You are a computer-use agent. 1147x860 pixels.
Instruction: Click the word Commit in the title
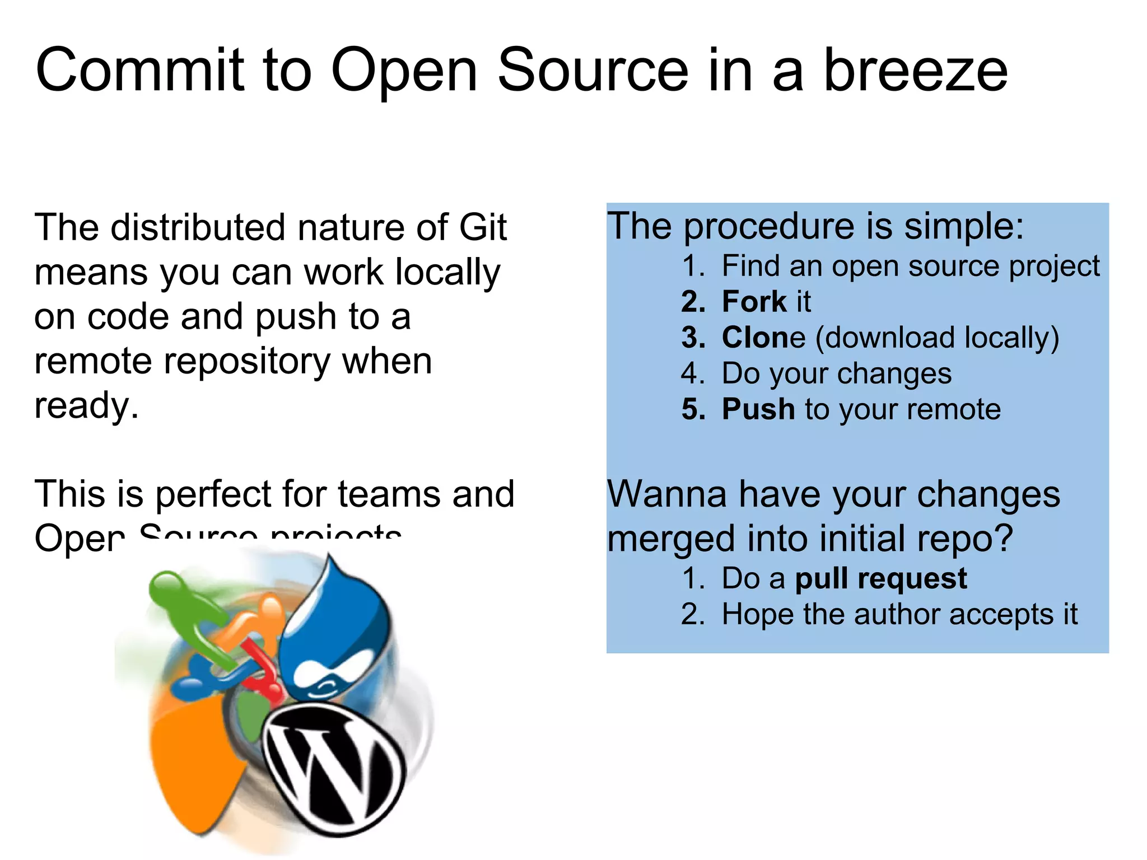coord(140,71)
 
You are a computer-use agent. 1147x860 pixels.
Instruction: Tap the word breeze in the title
coord(915,71)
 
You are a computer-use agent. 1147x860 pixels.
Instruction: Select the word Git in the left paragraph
coord(483,227)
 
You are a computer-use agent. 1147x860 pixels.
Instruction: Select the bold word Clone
coord(763,338)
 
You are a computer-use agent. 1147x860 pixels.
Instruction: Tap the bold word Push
coord(758,409)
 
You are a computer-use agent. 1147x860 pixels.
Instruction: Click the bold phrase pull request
coord(880,578)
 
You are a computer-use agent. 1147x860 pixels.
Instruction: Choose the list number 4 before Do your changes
coord(692,373)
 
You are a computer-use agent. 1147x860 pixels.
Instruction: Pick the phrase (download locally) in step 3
coord(937,338)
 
